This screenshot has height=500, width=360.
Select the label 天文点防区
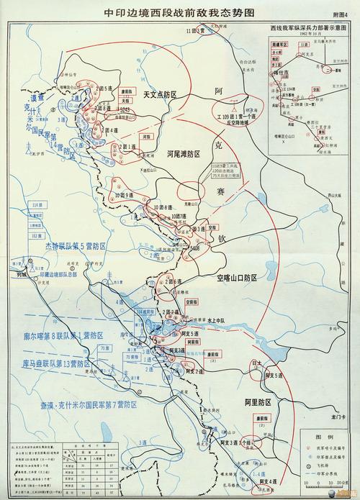[165, 94]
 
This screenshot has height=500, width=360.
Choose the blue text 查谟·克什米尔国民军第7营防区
[73, 404]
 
